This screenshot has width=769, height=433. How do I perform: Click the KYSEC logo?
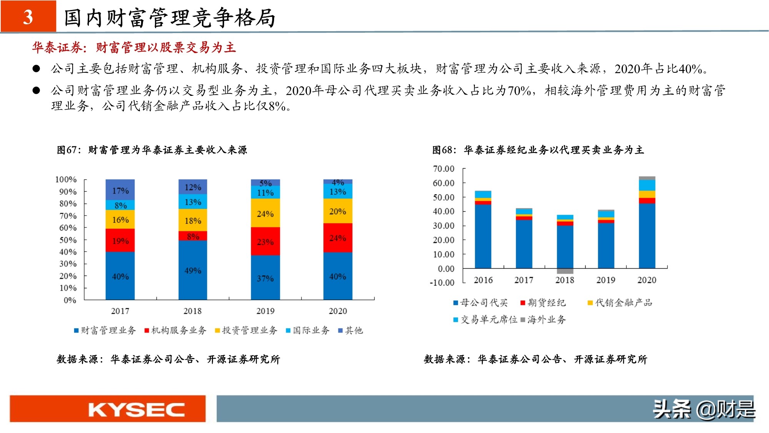click(136, 410)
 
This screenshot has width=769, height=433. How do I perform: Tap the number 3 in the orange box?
click(28, 17)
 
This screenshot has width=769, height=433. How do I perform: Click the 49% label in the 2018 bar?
click(193, 271)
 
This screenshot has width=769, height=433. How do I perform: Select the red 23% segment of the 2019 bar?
click(265, 242)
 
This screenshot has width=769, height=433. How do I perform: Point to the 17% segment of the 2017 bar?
click(120, 191)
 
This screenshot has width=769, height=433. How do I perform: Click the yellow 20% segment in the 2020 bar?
click(338, 211)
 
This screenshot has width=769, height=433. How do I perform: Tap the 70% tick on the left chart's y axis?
click(68, 216)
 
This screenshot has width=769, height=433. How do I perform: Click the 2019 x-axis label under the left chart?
click(265, 311)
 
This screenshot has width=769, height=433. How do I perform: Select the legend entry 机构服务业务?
click(175, 330)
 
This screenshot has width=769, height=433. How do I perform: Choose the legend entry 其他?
click(350, 330)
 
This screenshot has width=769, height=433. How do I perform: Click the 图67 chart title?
click(152, 150)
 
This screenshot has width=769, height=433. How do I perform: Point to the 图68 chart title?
click(538, 150)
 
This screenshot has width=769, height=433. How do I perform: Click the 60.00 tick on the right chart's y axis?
click(444, 183)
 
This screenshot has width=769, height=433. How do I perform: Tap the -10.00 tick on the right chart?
click(442, 283)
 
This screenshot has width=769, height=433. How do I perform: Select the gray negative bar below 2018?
click(565, 271)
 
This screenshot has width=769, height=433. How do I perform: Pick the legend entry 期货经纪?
click(543, 303)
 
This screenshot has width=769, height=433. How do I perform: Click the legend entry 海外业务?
click(543, 319)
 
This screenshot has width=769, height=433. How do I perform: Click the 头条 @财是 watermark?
click(704, 410)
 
